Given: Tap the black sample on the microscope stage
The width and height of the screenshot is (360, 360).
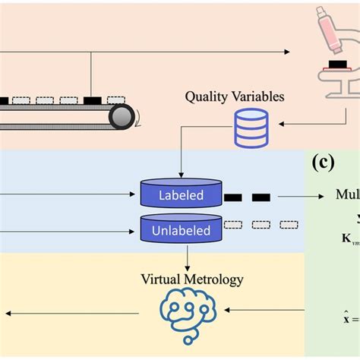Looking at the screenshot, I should pos(332,66).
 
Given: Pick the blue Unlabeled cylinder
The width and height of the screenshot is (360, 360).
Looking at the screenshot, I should pos(181,229).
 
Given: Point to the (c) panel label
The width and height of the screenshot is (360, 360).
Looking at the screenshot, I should pos(325,163).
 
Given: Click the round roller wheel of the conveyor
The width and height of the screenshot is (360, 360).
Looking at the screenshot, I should pos(122,116).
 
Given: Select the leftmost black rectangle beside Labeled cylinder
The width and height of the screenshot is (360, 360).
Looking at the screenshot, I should pos(233,197).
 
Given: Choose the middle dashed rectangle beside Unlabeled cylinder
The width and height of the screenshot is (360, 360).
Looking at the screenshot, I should pos(261,224).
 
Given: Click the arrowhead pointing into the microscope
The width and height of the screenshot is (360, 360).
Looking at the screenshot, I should pos(286,52).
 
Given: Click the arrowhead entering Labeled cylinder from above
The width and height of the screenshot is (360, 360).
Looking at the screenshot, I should pos(181,175).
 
